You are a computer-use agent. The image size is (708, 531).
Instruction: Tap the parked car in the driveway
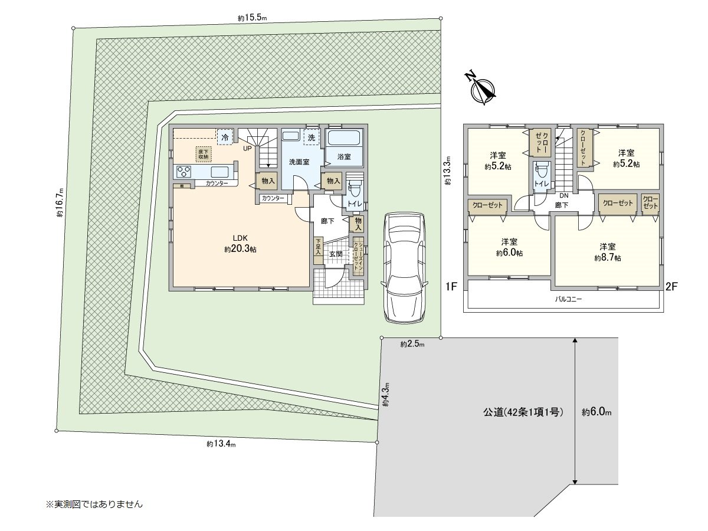(405, 267)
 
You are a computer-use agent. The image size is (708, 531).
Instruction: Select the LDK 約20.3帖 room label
(240, 244)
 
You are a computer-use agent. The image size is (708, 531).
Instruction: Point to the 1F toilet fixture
(355, 190)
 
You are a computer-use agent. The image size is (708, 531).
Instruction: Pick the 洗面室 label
(299, 162)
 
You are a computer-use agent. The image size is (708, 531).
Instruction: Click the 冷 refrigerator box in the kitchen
(225, 137)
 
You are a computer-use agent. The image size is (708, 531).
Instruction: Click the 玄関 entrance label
(336, 254)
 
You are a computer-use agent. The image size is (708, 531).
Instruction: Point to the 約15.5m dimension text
(253, 18)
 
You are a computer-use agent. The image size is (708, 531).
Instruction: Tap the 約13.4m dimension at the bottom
(221, 444)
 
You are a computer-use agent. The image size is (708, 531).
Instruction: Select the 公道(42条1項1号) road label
(519, 413)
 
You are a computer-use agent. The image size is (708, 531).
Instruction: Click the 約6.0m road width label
(596, 413)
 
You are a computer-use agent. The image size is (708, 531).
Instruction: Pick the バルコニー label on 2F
(568, 299)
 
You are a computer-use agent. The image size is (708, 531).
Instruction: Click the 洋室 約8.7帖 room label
(607, 252)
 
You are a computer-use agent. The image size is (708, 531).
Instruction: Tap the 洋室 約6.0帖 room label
(509, 247)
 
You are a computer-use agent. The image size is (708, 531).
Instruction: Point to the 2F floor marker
(671, 287)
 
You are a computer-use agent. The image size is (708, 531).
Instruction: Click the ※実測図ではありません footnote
(94, 504)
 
